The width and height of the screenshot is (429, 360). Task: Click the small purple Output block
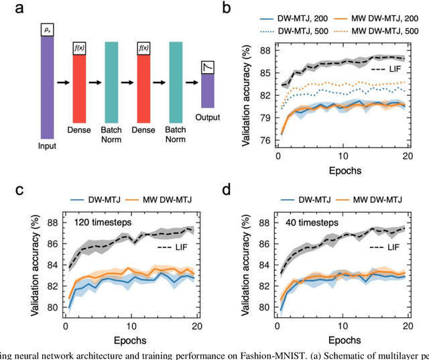coord(208,90)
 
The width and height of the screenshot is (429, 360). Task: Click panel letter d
coord(227,189)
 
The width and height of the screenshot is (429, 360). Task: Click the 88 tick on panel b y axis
coord(263,51)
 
